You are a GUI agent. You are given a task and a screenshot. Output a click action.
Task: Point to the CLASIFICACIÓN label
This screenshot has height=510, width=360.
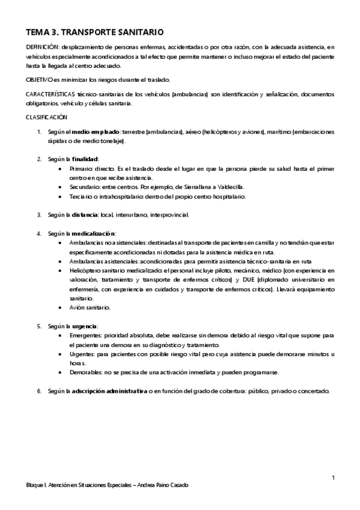[x=46, y=117]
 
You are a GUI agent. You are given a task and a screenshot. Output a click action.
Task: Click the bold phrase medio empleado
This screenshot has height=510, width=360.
[x=96, y=131]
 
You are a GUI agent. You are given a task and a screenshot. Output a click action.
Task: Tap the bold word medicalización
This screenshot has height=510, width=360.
[x=94, y=233]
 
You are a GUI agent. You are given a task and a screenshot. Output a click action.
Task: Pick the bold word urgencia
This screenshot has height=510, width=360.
[x=85, y=326]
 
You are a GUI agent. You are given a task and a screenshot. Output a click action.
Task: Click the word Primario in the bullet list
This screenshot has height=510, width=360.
[x=81, y=168]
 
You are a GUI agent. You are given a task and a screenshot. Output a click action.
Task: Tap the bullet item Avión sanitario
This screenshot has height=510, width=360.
[x=90, y=307]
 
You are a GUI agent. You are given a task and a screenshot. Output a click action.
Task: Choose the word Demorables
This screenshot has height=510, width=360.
[x=86, y=372]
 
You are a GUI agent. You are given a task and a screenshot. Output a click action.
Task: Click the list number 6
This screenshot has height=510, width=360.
[x=39, y=391]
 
